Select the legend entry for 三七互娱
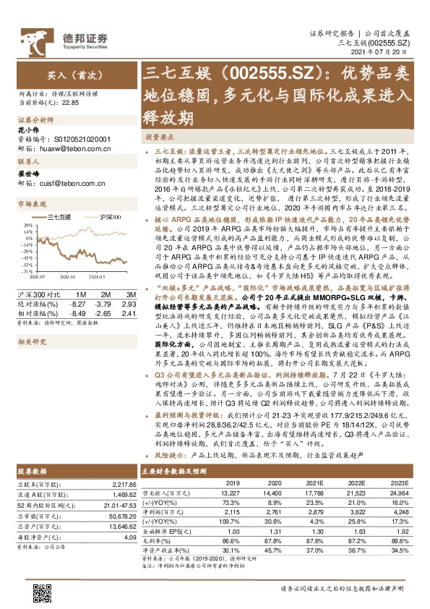click(59, 217)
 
